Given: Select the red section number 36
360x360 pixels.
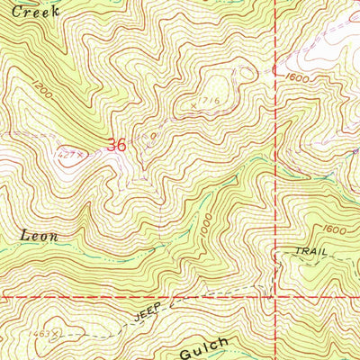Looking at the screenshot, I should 116,144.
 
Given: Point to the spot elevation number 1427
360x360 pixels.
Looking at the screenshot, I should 67,154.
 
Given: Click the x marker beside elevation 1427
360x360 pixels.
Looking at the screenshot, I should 80,154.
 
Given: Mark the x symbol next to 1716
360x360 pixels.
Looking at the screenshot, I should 194,106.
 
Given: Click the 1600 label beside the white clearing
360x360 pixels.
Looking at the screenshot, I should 298,77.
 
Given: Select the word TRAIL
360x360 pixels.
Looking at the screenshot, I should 310,253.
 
